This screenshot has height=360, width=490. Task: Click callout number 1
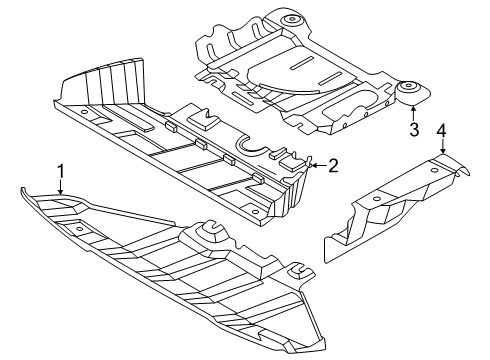point(61,172)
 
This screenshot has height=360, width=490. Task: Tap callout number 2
point(333,165)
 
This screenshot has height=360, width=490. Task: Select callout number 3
point(414,130)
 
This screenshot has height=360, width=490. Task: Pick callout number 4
point(441,130)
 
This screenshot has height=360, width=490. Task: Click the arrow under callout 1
point(60,187)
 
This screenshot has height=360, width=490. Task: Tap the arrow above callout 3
point(413,113)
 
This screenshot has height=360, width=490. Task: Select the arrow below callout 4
point(442,146)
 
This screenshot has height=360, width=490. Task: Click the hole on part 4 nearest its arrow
point(434,170)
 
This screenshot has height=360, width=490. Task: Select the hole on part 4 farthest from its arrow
point(376,199)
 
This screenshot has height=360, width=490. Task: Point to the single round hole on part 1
point(79,229)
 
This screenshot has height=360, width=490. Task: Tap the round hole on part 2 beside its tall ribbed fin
point(83,112)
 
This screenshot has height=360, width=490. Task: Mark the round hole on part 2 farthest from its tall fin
point(254,212)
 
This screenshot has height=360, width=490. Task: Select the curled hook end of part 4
point(463,170)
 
